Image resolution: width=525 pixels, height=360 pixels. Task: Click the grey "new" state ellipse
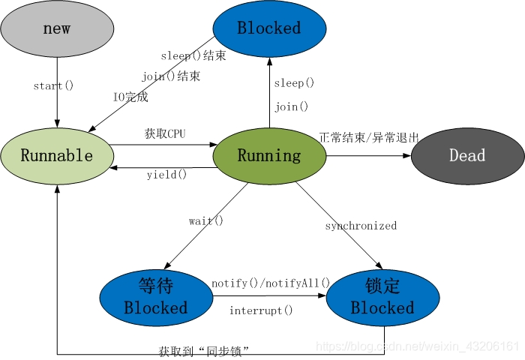click(57, 28)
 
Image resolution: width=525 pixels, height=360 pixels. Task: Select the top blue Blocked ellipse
click(269, 28)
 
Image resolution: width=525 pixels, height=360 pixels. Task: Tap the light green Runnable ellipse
click(57, 156)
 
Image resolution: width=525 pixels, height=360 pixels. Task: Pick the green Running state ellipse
click(269, 156)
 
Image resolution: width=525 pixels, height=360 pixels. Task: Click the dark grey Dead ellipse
click(467, 156)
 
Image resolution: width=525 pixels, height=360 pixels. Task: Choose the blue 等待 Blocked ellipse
click(155, 297)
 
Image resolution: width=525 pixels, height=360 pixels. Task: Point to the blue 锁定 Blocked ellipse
click(382, 297)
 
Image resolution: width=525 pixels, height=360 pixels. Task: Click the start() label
click(53, 85)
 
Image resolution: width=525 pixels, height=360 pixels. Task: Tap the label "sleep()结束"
click(193, 56)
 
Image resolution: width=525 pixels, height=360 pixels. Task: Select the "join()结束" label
click(171, 76)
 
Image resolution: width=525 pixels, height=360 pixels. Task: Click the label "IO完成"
click(130, 97)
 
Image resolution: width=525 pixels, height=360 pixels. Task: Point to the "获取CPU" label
click(165, 134)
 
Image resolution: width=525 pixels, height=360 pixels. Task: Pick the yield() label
click(166, 175)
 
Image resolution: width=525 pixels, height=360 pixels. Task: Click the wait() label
click(206, 220)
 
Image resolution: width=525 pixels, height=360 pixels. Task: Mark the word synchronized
click(361, 226)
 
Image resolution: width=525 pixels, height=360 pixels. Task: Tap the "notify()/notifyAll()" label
click(271, 283)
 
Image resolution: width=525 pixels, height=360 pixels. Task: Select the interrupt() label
click(261, 310)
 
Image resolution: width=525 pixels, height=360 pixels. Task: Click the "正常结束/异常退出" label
click(369, 138)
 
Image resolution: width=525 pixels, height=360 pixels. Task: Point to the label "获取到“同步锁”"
click(204, 350)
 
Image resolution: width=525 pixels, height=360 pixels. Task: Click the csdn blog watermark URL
click(417, 346)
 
